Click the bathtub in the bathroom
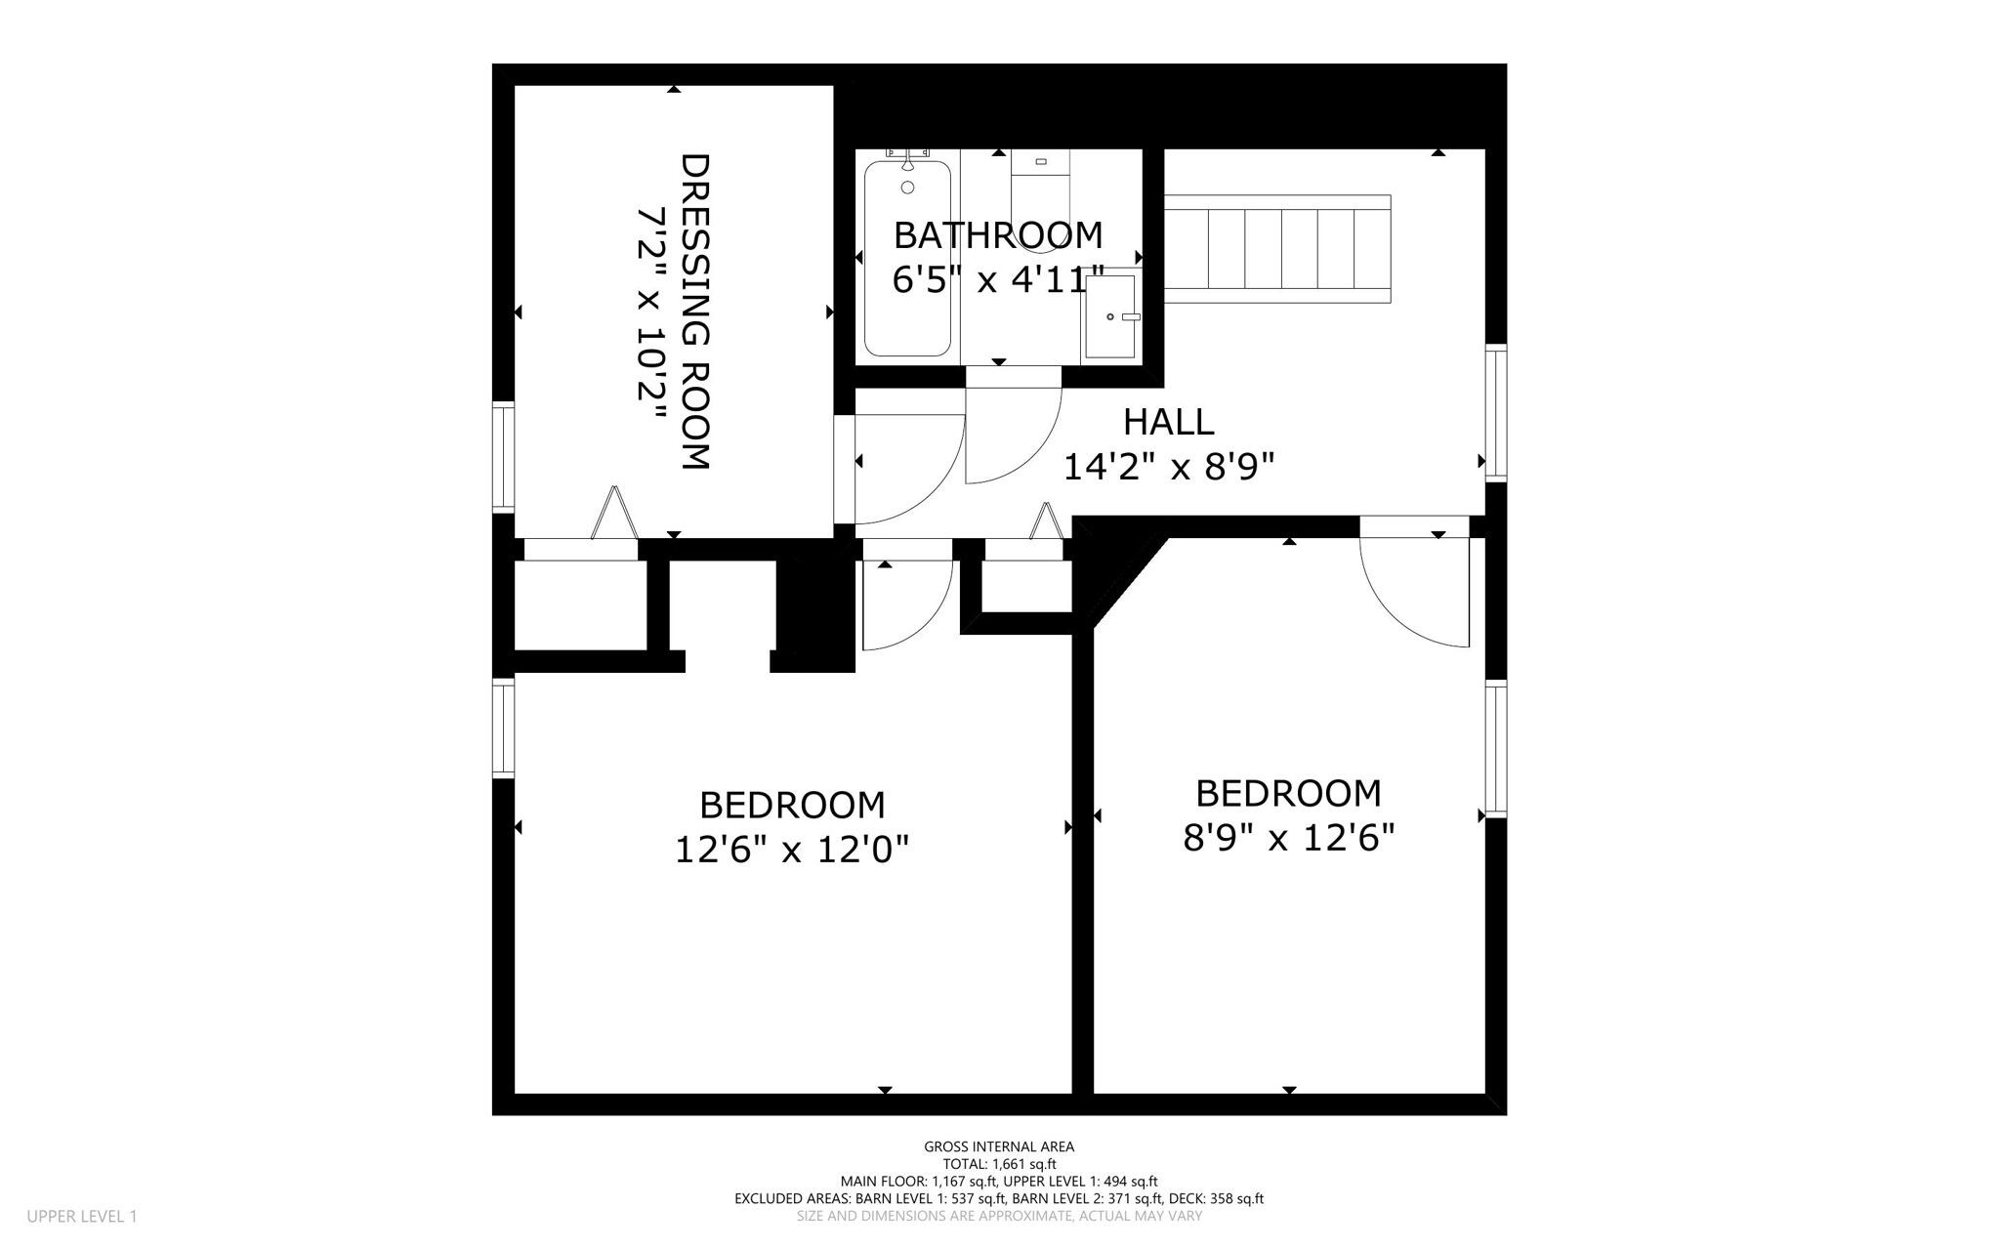coord(907,260)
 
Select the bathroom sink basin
coord(1110,316)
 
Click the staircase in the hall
coord(1279,248)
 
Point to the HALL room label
coord(1168,422)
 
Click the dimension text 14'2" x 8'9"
coord(1168,468)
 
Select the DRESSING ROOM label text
coord(694,312)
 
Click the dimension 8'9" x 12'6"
coord(1288,838)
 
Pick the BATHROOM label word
coord(997,235)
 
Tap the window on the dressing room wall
coord(503,457)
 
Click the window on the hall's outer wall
coord(1495,412)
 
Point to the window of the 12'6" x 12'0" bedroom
coord(503,728)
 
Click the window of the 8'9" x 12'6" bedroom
coord(1495,749)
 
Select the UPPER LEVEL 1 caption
coord(82,1216)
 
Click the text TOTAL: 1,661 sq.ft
coord(998,1164)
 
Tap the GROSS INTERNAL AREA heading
coord(998,1146)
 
